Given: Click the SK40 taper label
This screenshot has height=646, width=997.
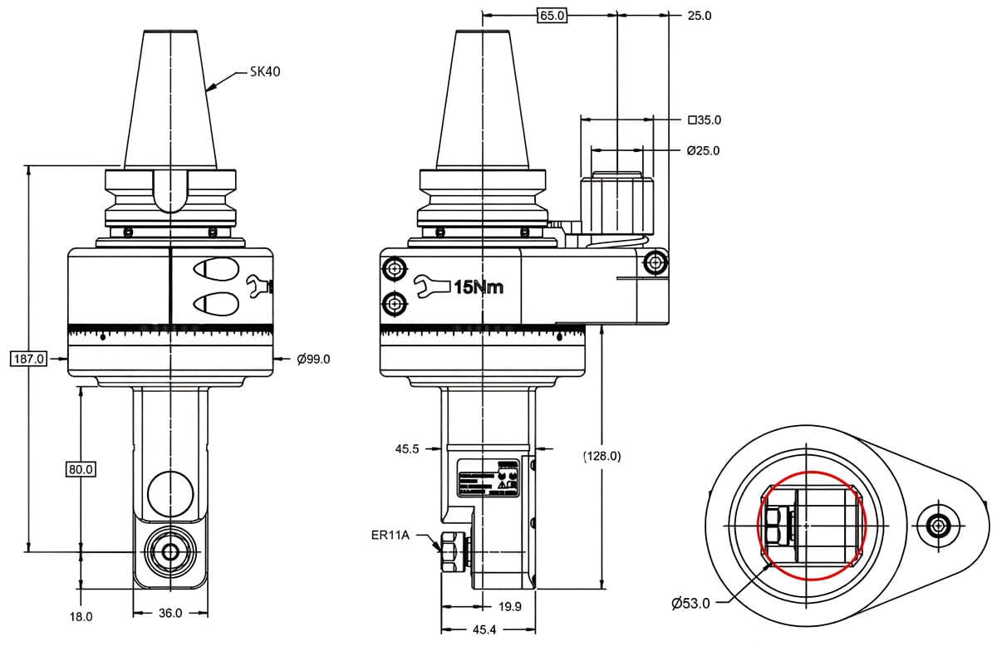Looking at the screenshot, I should click(265, 71).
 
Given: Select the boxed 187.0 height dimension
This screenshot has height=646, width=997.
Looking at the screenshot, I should click(30, 359).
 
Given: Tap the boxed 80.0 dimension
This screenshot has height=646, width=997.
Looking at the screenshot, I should click(81, 469).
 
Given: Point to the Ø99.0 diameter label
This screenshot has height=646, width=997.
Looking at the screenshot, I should click(313, 359).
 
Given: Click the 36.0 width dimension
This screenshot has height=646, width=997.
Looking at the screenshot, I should click(169, 613).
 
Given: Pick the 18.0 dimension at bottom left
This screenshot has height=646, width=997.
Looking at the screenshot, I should click(81, 617).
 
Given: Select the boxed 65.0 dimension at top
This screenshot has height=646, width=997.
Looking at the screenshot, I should click(552, 15).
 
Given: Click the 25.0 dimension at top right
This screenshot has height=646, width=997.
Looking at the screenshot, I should click(700, 15).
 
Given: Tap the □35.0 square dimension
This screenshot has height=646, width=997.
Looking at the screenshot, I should click(705, 120).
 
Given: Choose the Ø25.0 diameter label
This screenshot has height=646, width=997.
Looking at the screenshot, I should click(703, 150).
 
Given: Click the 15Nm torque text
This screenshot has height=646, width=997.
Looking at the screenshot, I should click(478, 287).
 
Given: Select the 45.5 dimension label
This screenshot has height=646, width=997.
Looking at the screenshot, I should click(408, 448).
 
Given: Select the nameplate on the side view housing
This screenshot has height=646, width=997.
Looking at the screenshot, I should click(489, 478).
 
